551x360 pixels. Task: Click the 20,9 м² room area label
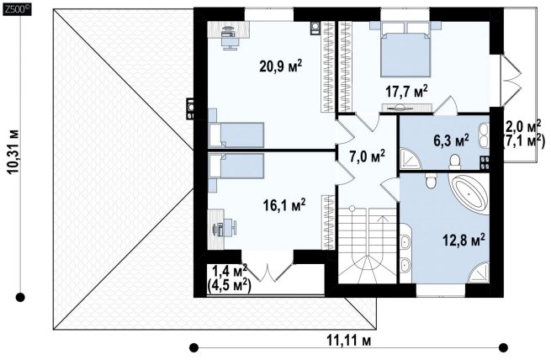point(280,66)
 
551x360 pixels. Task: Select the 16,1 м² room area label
point(284,205)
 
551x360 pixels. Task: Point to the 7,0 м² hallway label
point(368,156)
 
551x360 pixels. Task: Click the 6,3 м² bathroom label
point(451,140)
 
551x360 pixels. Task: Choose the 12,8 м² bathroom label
point(464,241)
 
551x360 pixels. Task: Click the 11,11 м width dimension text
point(349,340)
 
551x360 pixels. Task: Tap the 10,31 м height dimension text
point(14,151)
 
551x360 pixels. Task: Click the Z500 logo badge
point(17,11)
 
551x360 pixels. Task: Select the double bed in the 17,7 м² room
point(405,49)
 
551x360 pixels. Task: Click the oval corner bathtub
point(469,194)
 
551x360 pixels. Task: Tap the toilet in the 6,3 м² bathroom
point(455,161)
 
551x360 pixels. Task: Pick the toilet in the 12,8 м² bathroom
point(431,181)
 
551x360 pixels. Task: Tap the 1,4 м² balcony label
point(230,271)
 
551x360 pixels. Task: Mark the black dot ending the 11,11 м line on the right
point(503,347)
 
